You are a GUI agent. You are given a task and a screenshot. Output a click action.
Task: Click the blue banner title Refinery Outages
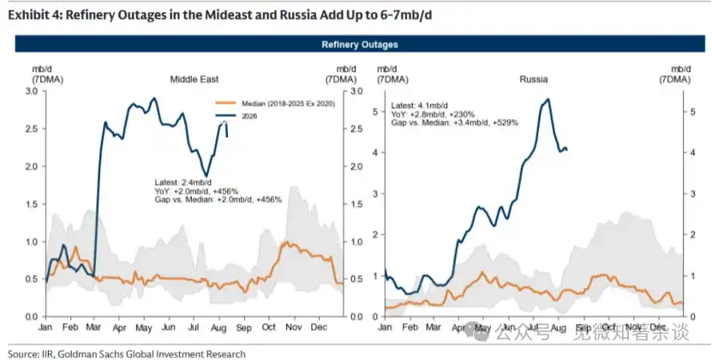tap(360, 45)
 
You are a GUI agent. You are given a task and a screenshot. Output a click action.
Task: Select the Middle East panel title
tap(194, 80)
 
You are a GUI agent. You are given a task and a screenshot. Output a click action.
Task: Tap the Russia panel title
tap(534, 80)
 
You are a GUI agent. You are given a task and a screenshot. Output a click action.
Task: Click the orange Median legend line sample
tap(225, 104)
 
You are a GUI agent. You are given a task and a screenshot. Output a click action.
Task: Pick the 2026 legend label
tap(249, 117)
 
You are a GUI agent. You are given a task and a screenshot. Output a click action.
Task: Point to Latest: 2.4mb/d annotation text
tap(183, 183)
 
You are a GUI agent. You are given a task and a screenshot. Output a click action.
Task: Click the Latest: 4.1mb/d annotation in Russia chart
tap(420, 106)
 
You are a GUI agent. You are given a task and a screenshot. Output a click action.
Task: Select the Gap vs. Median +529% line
tap(455, 123)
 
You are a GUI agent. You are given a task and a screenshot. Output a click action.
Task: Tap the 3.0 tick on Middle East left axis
tap(33, 92)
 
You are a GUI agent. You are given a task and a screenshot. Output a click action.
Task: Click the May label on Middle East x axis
tap(144, 327)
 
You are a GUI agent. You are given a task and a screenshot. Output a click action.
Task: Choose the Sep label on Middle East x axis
tap(244, 327)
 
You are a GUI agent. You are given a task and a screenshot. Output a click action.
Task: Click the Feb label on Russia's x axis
tap(410, 327)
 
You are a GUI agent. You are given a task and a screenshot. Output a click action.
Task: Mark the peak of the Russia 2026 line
tap(548, 99)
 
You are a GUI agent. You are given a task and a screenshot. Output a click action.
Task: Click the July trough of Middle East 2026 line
tap(206, 176)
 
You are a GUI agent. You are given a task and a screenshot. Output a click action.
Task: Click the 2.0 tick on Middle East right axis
tap(356, 167)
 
